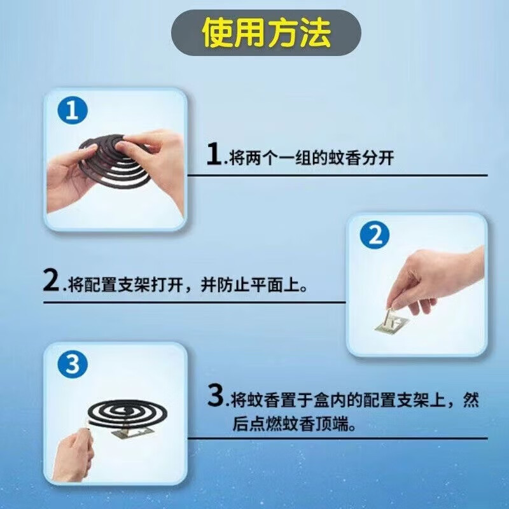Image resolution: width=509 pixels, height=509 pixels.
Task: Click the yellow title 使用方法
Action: pos(266,32)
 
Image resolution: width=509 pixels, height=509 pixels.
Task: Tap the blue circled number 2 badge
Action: pos(374,237)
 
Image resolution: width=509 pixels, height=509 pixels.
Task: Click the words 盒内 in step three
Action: pos(326,401)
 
